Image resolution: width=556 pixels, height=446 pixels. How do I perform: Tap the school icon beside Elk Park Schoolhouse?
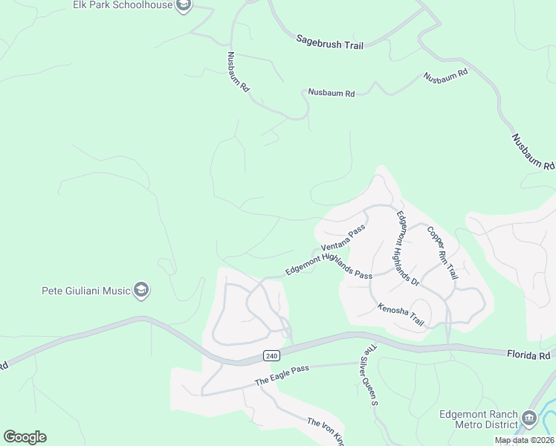click(184, 6)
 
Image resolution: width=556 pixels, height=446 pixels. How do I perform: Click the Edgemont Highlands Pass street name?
click(329, 263)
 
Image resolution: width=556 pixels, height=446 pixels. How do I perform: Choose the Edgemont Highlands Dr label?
click(407, 249)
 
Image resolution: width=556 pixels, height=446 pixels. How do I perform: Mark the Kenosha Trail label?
click(400, 314)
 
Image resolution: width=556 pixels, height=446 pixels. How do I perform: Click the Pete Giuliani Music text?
click(85, 291)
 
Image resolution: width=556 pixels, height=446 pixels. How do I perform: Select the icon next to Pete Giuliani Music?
click(141, 291)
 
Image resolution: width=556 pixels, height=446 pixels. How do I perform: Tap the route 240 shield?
click(271, 356)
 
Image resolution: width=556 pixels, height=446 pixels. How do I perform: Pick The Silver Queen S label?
click(370, 375)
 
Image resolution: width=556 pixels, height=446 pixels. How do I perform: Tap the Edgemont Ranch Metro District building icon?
click(529, 418)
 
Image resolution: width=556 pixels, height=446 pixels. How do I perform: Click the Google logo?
click(25, 437)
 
